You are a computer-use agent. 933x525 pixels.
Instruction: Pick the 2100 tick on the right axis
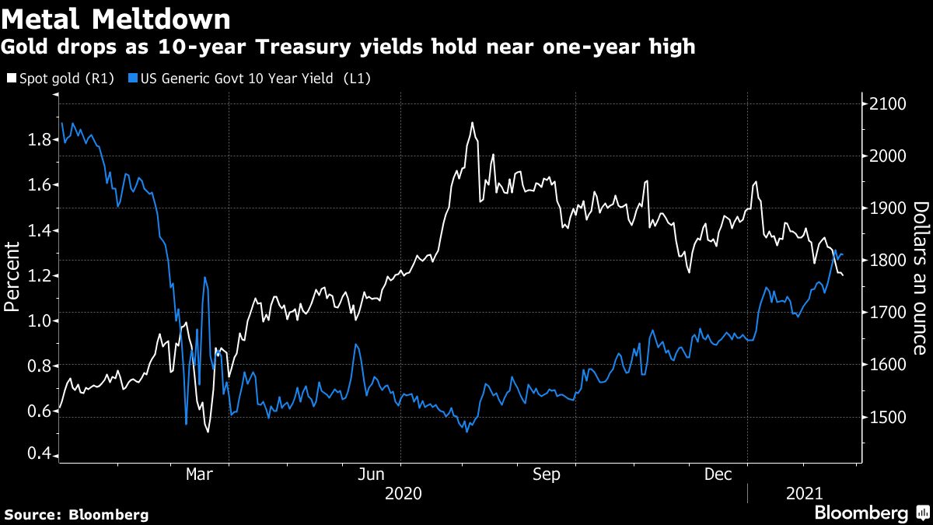click(x=882, y=104)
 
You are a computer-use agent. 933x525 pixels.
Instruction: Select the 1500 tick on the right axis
click(x=882, y=418)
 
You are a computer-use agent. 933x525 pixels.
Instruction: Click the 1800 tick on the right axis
click(x=882, y=261)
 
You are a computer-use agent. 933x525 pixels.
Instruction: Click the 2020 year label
click(x=403, y=493)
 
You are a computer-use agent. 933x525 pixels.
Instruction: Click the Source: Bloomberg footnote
click(x=76, y=515)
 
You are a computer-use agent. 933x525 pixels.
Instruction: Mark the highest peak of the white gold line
click(x=472, y=123)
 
